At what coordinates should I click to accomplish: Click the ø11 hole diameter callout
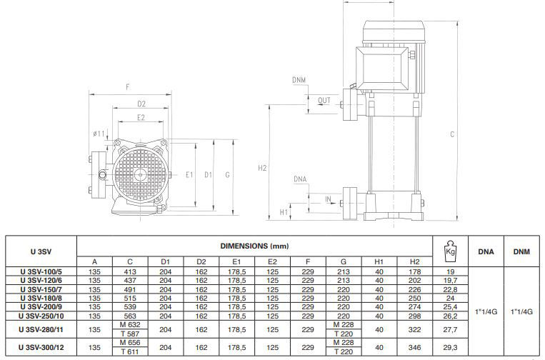(99, 134)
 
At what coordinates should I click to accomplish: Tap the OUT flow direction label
(324, 101)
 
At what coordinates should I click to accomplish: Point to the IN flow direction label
(328, 199)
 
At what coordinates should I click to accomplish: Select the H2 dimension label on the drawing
(262, 168)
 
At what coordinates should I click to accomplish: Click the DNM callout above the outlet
(299, 80)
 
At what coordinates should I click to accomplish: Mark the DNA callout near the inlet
(300, 179)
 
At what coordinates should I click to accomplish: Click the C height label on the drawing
(452, 134)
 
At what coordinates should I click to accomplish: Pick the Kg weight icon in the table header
(450, 251)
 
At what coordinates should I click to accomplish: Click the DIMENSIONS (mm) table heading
(254, 246)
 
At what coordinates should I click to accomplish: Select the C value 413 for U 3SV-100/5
(130, 271)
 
